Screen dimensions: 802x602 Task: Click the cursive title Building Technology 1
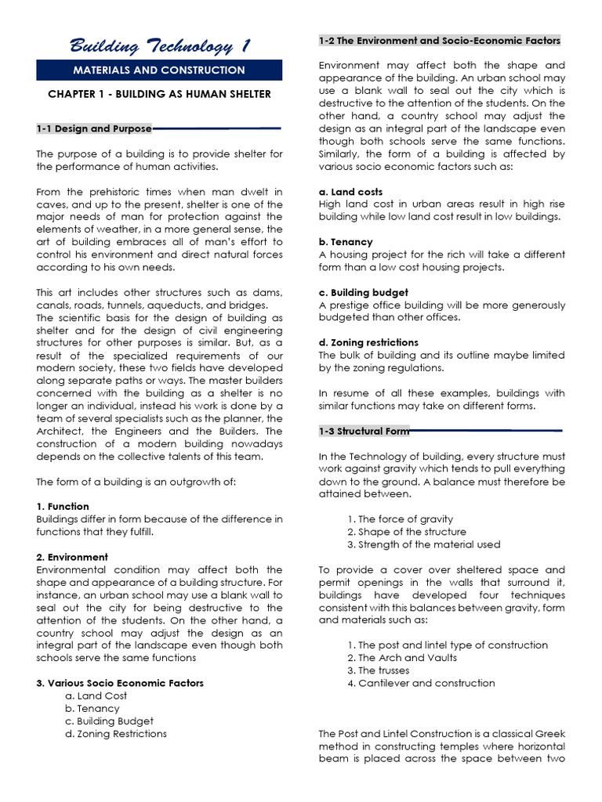coord(159,46)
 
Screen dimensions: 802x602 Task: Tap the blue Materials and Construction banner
coord(159,70)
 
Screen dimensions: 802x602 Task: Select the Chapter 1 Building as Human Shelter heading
coord(159,94)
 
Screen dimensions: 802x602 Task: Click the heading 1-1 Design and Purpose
coord(93,128)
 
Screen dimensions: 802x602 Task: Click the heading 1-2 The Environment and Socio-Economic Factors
coord(440,41)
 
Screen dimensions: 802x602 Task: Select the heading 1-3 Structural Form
coord(364,432)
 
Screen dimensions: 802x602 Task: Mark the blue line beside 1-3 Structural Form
coord(486,431)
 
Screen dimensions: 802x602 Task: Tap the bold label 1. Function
coord(63,507)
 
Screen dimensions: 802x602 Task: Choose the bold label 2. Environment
coord(72,557)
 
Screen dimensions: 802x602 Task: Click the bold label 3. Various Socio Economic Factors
coord(120,683)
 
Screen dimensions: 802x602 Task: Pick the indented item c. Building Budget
coord(110,721)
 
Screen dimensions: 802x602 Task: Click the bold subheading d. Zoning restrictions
coord(368,342)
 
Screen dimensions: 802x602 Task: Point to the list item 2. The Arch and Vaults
coord(402,658)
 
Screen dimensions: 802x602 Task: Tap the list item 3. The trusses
coord(379,670)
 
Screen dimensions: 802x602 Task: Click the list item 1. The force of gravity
coord(400,519)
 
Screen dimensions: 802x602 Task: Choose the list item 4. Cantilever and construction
coord(421,683)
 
